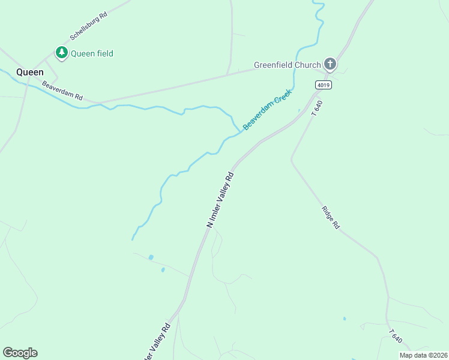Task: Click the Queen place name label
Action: (x=29, y=72)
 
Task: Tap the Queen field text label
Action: (x=92, y=53)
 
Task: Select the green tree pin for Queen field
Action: (x=61, y=53)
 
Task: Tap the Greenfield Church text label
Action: (x=287, y=65)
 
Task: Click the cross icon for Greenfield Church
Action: (x=330, y=64)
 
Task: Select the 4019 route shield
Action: (x=324, y=85)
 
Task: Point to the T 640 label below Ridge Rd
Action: (x=394, y=337)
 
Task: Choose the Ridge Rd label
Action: (x=331, y=218)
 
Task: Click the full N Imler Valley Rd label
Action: (x=220, y=200)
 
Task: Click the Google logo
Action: (x=20, y=353)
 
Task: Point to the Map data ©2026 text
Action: (x=423, y=355)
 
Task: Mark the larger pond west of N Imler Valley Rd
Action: (x=151, y=257)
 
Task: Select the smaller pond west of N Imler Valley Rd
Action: (x=163, y=270)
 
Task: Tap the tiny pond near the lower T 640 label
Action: (x=344, y=319)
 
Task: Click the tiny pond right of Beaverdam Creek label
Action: (x=299, y=110)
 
